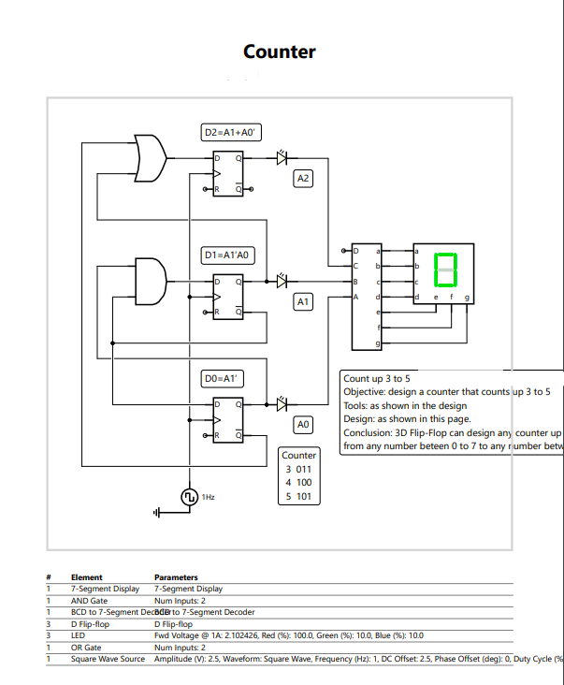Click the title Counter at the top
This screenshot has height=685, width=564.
point(279,52)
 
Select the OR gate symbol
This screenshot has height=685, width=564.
point(151,158)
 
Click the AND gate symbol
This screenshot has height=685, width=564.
point(151,275)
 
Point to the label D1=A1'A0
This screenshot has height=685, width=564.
point(229,255)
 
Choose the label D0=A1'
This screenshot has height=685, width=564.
point(224,378)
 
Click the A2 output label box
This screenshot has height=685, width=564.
point(303,178)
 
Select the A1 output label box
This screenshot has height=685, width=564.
point(302,301)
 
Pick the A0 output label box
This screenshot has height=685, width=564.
point(302,425)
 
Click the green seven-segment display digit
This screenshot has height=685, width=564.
point(445,270)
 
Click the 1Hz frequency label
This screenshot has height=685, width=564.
point(208,497)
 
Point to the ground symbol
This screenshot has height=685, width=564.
point(158,512)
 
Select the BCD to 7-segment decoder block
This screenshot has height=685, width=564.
point(366,298)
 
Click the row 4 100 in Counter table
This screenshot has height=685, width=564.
point(298,483)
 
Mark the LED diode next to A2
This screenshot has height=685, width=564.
point(281,159)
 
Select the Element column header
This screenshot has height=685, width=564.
point(87,577)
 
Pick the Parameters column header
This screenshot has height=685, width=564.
point(176,577)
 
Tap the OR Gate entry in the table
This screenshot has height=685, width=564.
point(86,648)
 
